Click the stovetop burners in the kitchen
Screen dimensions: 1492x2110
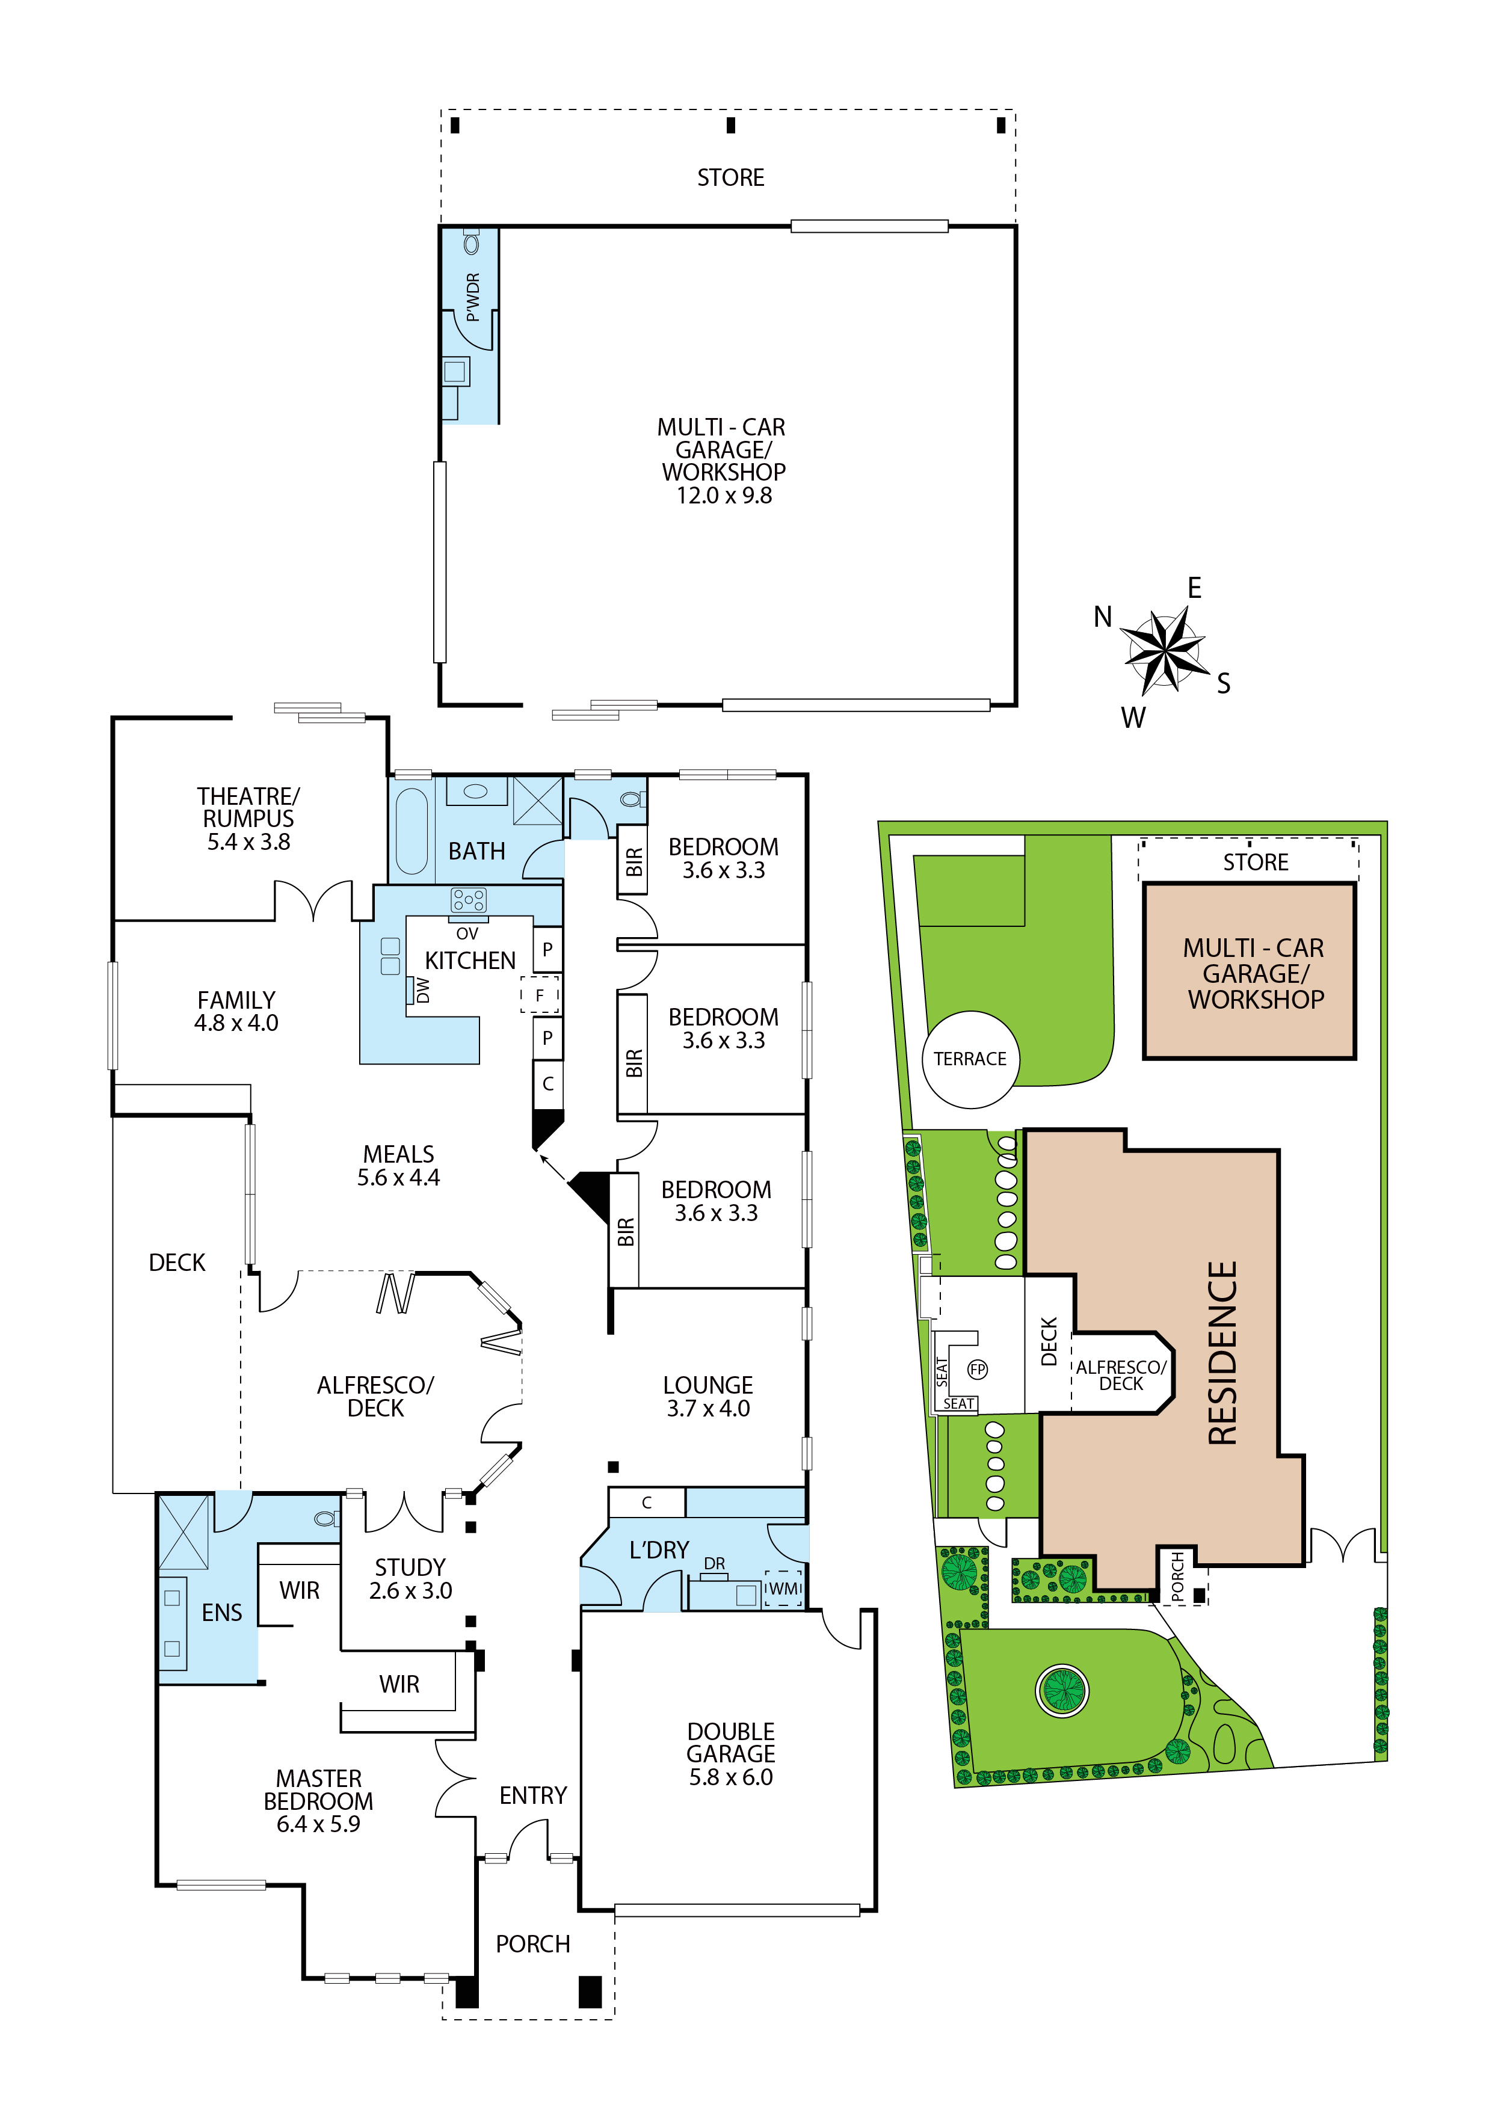(x=468, y=900)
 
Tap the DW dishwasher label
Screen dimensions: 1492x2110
(x=422, y=990)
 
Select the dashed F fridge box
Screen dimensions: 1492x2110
(x=540, y=995)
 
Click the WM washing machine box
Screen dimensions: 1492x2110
(x=783, y=1588)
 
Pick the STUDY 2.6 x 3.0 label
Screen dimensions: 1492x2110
(x=410, y=1579)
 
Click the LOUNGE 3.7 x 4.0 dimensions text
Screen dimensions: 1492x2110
(x=708, y=1409)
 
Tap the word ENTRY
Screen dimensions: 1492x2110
(x=533, y=1795)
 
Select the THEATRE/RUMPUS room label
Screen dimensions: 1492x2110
(x=248, y=807)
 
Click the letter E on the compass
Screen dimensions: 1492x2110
(x=1194, y=588)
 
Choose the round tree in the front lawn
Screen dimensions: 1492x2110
(x=1062, y=1689)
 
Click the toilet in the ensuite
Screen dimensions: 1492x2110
(x=326, y=1518)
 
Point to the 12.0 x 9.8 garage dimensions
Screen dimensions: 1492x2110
(x=724, y=496)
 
